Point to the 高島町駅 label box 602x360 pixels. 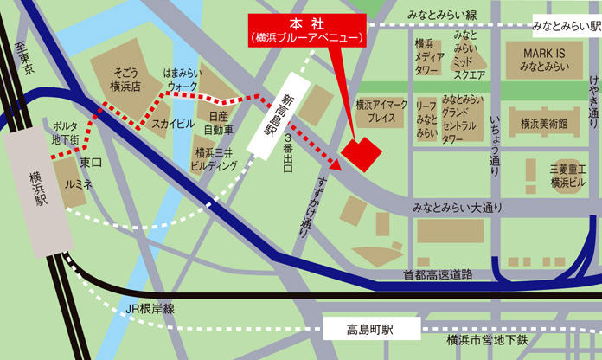coord(370,330)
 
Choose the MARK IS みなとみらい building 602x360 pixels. coord(543,60)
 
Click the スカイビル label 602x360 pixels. coord(173,124)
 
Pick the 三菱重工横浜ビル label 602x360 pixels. coord(568,178)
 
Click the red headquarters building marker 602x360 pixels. coord(361,154)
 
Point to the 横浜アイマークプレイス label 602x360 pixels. coord(381,110)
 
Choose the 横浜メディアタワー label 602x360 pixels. coord(429,56)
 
